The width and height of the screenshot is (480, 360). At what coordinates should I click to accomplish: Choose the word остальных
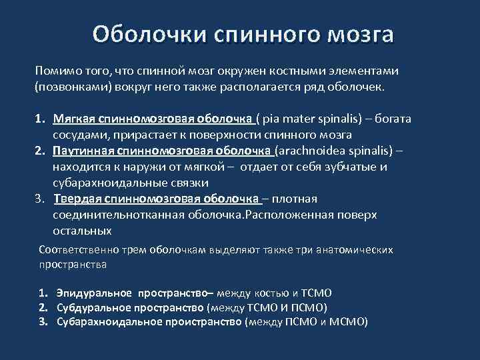coord(82,231)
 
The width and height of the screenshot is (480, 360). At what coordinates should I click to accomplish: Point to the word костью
coord(273,293)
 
